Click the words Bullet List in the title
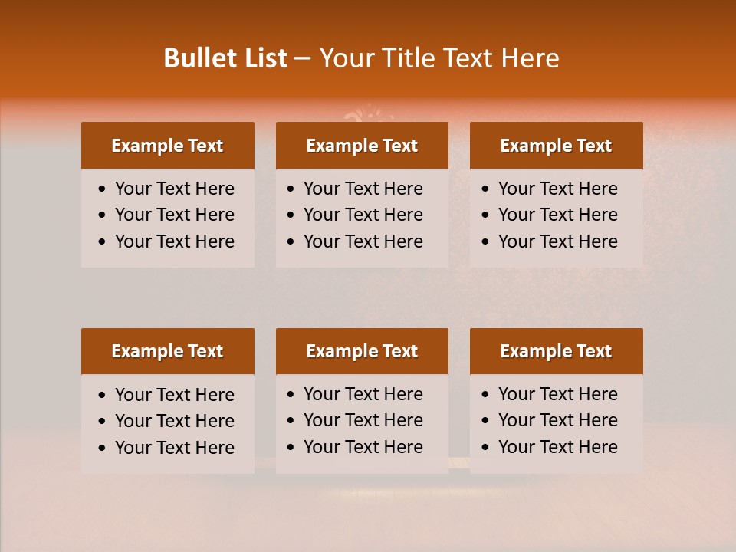tap(225, 58)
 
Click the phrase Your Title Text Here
tap(439, 58)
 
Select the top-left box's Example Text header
tap(167, 146)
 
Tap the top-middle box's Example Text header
tap(362, 146)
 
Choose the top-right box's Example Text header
tap(556, 146)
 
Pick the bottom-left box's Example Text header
tap(167, 351)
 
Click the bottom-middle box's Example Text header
tap(362, 351)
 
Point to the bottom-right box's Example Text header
tap(556, 351)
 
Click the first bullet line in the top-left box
tap(174, 189)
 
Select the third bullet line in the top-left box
tap(174, 242)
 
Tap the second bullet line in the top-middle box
tap(363, 215)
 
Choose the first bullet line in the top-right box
tap(557, 189)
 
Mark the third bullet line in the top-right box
tap(557, 242)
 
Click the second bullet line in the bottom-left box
tap(174, 421)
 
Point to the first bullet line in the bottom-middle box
tap(363, 394)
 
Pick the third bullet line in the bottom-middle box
tap(363, 447)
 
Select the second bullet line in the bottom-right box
tap(557, 420)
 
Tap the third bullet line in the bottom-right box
tap(557, 447)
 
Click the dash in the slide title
tap(303, 59)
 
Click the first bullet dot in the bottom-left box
tap(103, 396)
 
